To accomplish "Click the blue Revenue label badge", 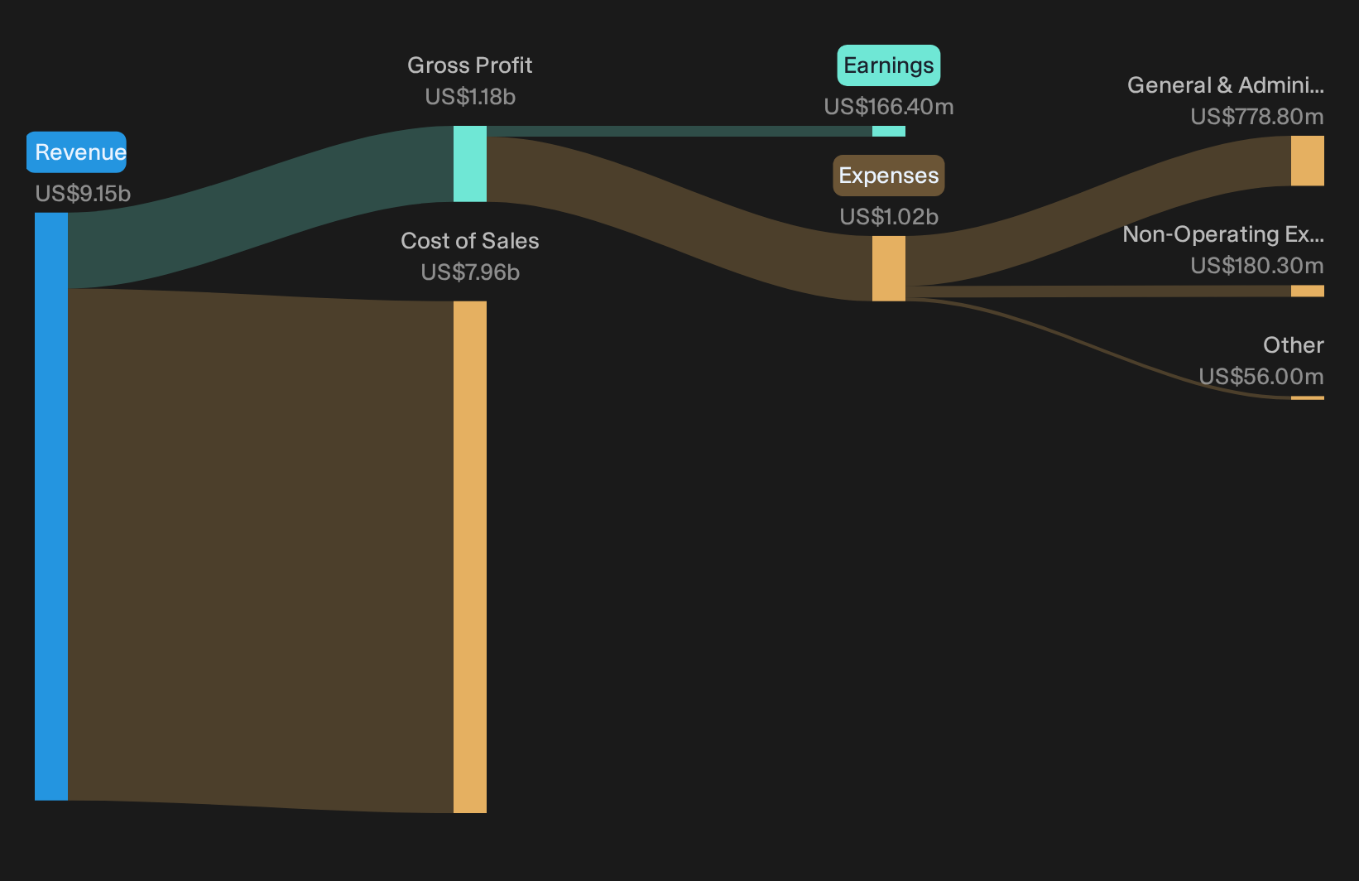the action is pyautogui.click(x=76, y=152).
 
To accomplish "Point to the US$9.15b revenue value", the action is pyautogui.click(x=83, y=194).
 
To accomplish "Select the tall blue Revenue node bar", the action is pyautogui.click(x=51, y=507).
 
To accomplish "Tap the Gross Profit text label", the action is pyautogui.click(x=469, y=65).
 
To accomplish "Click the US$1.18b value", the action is pyautogui.click(x=470, y=97).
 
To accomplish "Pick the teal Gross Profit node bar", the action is pyautogui.click(x=470, y=164).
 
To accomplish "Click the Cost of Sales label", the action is pyautogui.click(x=469, y=241).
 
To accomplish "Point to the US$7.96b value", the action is pyautogui.click(x=470, y=272).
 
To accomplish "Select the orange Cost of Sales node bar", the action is pyautogui.click(x=470, y=556).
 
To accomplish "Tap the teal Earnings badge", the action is pyautogui.click(x=889, y=65).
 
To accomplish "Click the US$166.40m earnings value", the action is pyautogui.click(x=889, y=107).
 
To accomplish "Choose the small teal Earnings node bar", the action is pyautogui.click(x=889, y=131).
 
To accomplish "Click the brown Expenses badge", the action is pyautogui.click(x=889, y=176).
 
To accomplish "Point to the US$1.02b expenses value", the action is pyautogui.click(x=889, y=217).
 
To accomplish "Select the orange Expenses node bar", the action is pyautogui.click(x=889, y=268).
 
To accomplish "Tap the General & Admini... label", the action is pyautogui.click(x=1226, y=85).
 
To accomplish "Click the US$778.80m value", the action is pyautogui.click(x=1257, y=116).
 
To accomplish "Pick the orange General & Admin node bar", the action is pyautogui.click(x=1308, y=161).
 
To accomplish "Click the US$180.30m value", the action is pyautogui.click(x=1257, y=265).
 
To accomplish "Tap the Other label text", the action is pyautogui.click(x=1294, y=345).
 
